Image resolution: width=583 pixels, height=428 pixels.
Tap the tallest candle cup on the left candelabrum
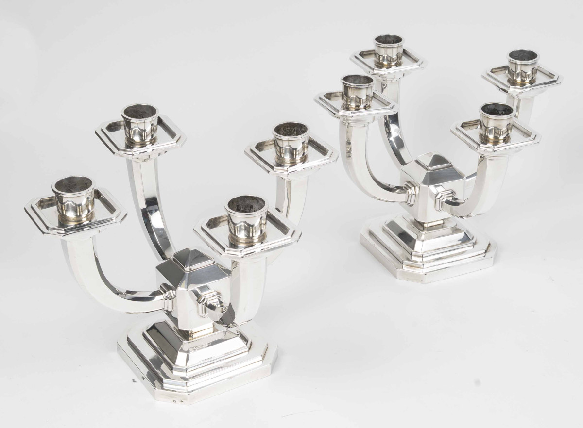[x=140, y=123]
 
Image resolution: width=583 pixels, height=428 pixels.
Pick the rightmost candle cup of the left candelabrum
[x=291, y=142]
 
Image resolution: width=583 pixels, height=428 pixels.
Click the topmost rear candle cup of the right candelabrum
[x=389, y=50]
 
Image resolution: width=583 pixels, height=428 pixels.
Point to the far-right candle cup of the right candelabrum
[x=523, y=67]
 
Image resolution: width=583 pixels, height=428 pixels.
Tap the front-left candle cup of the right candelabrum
[x=357, y=92]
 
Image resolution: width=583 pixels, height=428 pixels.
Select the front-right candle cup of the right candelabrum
[x=496, y=121]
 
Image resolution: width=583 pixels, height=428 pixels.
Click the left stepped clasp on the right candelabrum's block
[x=409, y=193]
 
